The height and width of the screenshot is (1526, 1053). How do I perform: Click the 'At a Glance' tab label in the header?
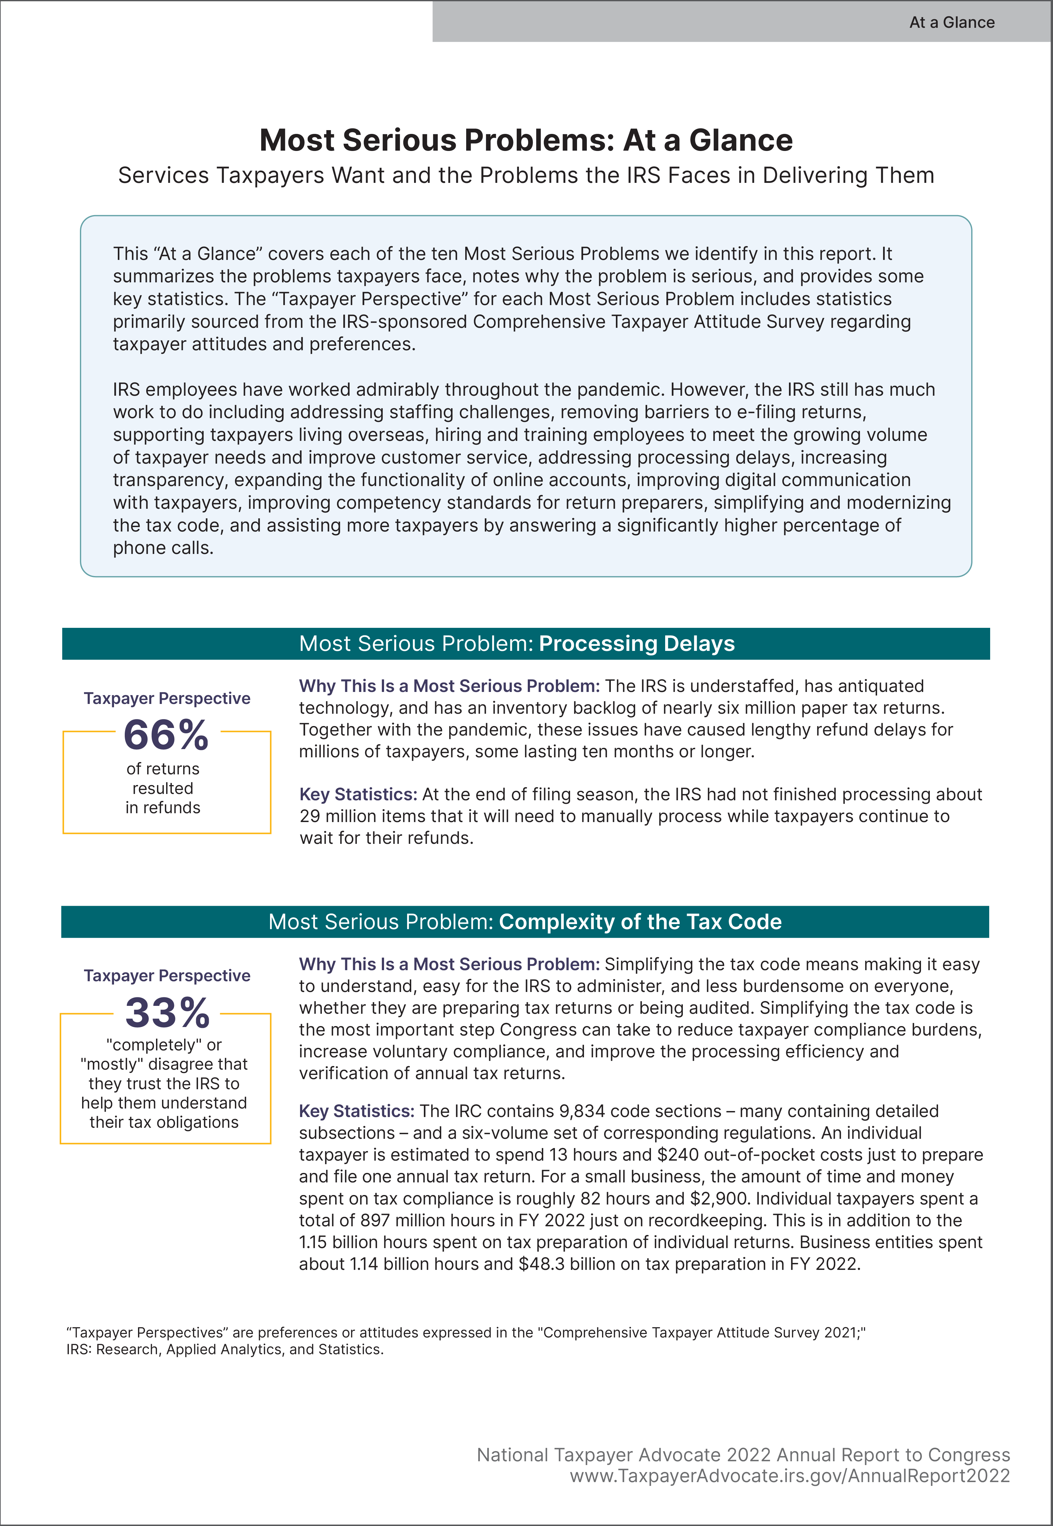(951, 22)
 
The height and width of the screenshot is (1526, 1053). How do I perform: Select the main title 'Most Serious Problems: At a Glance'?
(526, 140)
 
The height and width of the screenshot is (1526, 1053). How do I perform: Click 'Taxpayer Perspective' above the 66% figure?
(167, 698)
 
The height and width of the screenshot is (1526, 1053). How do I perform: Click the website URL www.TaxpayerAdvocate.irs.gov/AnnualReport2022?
(790, 1476)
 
